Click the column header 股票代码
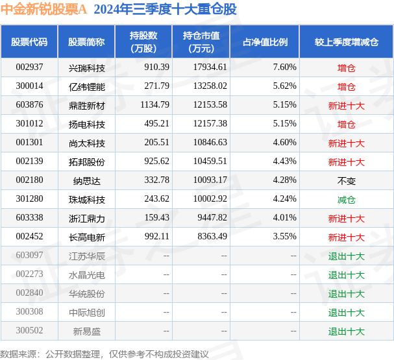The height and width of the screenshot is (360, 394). [29, 42]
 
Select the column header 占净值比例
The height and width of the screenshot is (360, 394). [265, 42]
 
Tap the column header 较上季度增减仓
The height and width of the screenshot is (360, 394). [346, 42]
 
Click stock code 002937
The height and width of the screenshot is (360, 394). [29, 67]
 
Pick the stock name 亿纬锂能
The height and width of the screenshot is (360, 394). [86, 86]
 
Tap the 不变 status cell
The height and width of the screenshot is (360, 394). [346, 180]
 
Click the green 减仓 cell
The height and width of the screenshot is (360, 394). [346, 200]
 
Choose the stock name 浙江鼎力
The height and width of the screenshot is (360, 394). [86, 219]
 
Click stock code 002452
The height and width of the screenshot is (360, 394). [29, 237]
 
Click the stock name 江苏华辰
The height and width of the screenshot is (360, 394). [86, 256]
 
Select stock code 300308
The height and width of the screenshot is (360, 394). [29, 313]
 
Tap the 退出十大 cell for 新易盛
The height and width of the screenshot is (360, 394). [346, 331]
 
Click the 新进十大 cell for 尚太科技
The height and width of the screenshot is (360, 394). [346, 143]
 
